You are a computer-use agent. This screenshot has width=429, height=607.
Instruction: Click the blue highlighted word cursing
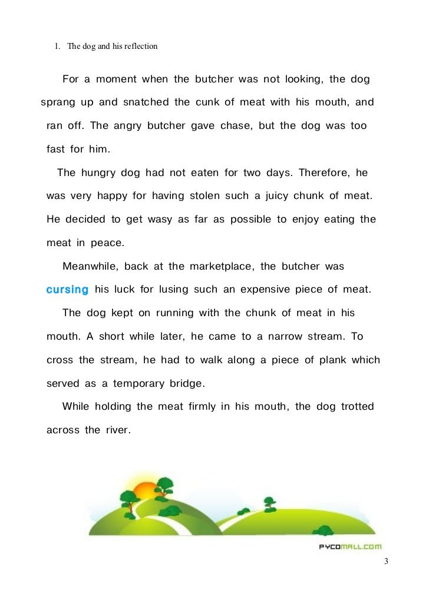pos(67,290)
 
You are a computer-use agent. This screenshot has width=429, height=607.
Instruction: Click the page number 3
pos(386,561)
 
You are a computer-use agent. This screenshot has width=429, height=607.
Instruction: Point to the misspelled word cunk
pos(207,102)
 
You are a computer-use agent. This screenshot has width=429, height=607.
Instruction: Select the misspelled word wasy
pos(156,220)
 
